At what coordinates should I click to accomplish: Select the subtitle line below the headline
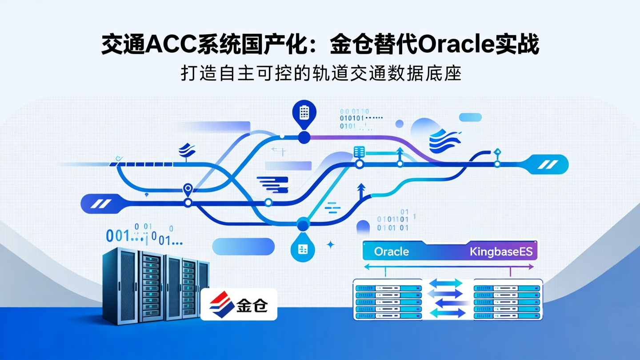(320, 73)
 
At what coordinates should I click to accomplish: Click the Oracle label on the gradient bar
(391, 252)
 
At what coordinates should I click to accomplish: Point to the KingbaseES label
(502, 252)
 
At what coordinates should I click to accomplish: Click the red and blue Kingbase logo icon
(221, 304)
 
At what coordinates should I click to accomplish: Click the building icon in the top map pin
(304, 112)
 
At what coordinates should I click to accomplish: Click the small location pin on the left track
(188, 190)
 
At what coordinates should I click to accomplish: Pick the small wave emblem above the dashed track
(187, 151)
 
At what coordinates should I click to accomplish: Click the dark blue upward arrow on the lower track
(361, 190)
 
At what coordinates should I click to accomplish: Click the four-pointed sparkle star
(330, 244)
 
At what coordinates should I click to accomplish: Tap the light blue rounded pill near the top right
(470, 117)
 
